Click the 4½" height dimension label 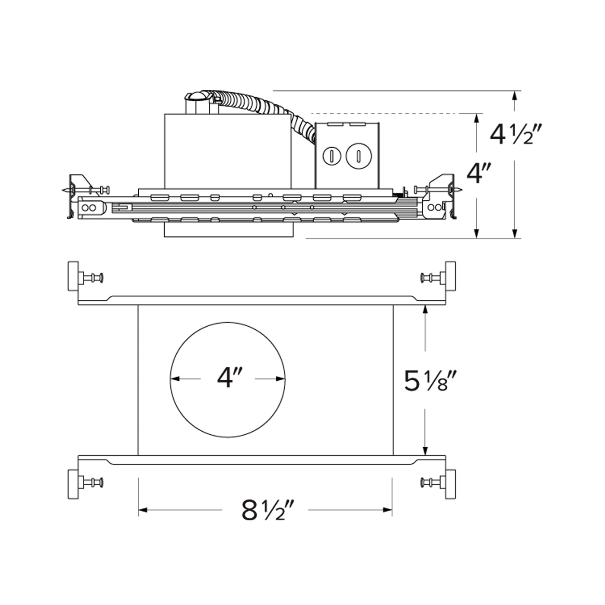click(515, 134)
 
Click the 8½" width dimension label click(268, 510)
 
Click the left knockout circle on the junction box click(331, 156)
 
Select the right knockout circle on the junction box click(358, 156)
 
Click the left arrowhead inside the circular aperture click(175, 379)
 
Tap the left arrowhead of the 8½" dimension click(143, 510)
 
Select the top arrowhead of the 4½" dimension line click(514, 96)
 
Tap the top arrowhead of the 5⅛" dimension click(425, 309)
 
